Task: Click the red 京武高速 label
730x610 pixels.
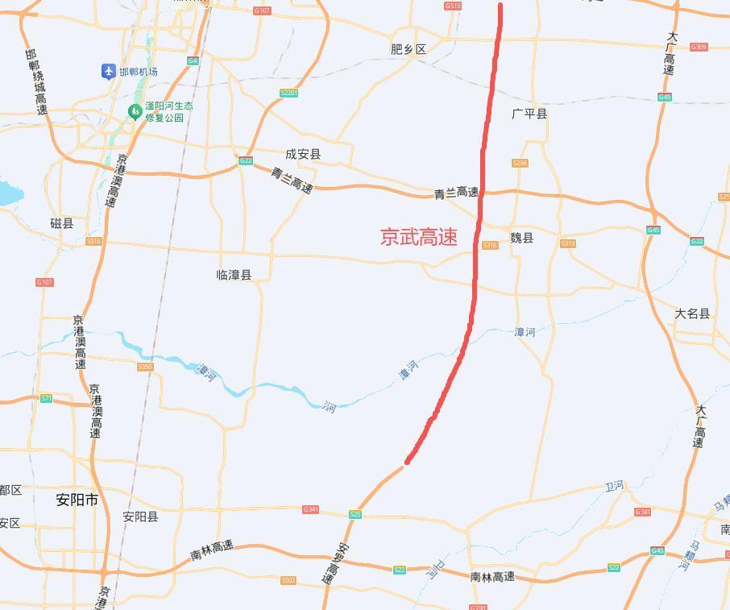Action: (419, 237)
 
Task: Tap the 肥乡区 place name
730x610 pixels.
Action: (408, 49)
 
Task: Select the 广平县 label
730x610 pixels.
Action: (529, 114)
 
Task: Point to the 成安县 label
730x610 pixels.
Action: (303, 154)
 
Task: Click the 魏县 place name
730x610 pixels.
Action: (522, 238)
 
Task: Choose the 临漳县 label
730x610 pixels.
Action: (234, 275)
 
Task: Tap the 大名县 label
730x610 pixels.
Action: (692, 313)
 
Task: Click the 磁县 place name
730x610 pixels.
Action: (61, 223)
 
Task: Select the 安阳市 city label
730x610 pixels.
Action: (77, 500)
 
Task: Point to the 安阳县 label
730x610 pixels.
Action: (140, 517)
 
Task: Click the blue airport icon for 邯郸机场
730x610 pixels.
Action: (109, 72)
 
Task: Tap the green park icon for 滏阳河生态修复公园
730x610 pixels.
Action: (135, 112)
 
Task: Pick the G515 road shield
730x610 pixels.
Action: (453, 6)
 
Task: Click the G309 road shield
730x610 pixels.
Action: (699, 47)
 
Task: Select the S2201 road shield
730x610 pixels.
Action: (288, 93)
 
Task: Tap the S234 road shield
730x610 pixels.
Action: (520, 164)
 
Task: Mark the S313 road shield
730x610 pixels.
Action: (568, 244)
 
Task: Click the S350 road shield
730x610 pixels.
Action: (145, 367)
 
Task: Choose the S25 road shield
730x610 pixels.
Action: (355, 514)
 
